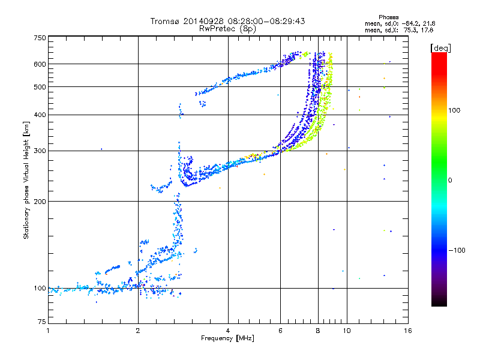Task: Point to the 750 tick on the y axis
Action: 40,38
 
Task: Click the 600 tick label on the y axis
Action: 40,64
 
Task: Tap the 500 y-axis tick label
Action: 40,87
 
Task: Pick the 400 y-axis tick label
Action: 40,115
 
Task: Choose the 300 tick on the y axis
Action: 40,151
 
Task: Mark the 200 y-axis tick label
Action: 40,201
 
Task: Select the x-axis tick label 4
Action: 228,331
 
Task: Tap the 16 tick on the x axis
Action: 408,331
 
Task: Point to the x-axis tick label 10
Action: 346,331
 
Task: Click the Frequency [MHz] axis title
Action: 227,339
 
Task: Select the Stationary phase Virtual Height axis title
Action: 26,180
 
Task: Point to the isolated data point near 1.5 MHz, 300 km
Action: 101,149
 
